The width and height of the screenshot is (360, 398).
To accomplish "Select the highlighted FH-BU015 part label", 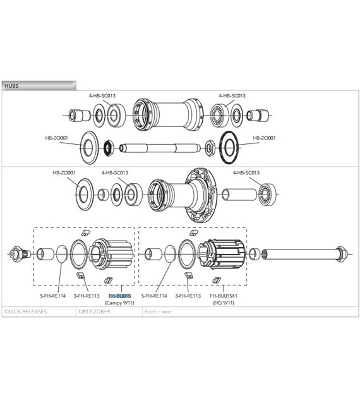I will [x=119, y=296].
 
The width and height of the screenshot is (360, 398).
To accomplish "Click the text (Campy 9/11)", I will [x=119, y=302].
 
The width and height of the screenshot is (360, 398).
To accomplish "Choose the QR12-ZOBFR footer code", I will [x=94, y=311].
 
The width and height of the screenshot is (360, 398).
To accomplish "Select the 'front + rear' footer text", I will [x=158, y=311].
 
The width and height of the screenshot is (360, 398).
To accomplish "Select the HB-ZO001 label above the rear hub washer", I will [x=64, y=172].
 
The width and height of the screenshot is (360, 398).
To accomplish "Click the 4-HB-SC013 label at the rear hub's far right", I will [x=246, y=172].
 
